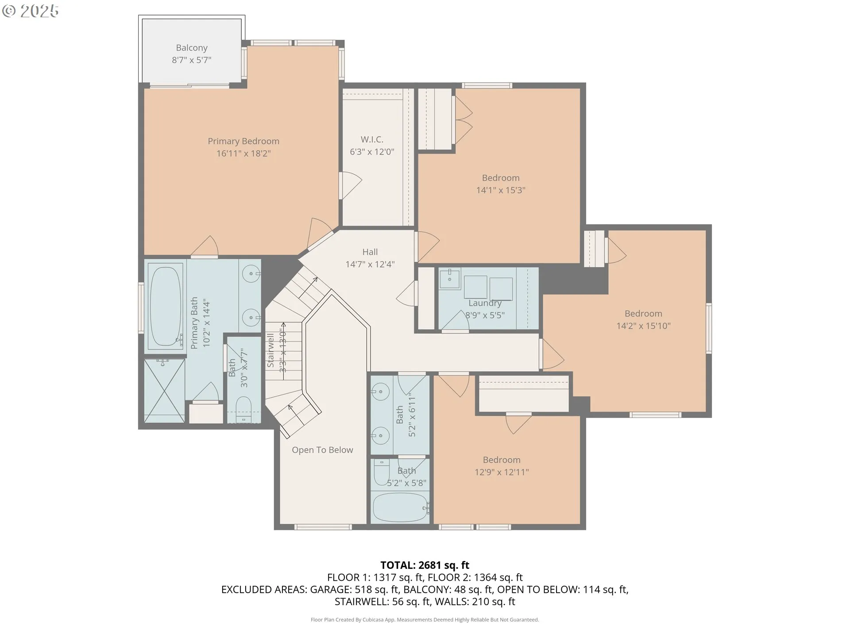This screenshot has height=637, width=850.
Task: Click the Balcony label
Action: point(192,48)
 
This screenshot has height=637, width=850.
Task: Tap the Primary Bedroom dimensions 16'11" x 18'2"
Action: point(243,153)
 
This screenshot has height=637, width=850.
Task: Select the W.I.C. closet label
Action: point(372,139)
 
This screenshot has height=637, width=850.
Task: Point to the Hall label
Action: point(370,252)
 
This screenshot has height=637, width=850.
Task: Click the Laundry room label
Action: point(485,303)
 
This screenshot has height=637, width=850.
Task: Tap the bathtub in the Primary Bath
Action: point(166,305)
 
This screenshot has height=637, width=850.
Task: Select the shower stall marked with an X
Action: point(164,391)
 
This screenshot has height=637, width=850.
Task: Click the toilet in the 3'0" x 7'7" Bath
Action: point(243,410)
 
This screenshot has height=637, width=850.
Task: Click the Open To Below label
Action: point(322,450)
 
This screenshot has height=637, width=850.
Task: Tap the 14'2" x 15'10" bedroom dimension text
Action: point(644,326)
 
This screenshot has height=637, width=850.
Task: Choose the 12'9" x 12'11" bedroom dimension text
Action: point(502,472)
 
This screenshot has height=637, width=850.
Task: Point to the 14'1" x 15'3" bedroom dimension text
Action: point(501,190)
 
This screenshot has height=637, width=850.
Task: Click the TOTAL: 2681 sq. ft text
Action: point(425,565)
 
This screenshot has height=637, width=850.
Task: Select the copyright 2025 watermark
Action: point(30,11)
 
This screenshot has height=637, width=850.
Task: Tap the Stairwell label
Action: point(270,350)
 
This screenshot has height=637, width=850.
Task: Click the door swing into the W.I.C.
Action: point(351,186)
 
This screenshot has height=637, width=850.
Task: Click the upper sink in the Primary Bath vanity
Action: point(251,274)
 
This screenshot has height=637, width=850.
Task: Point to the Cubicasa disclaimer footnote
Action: point(425,620)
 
